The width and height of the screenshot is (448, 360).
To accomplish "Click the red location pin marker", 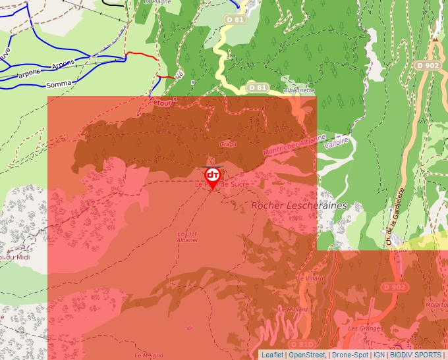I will tap(212, 177).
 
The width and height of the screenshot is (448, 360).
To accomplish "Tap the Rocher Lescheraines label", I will tap(299, 205).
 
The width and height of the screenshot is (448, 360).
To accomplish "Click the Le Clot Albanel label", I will tap(187, 237).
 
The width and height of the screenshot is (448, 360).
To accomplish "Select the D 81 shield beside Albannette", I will tap(257, 87).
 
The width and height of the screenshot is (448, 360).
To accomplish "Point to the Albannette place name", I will tap(298, 90).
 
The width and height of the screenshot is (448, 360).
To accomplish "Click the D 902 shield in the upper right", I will tap(428, 65).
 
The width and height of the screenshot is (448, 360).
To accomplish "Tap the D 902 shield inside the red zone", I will tap(395, 287).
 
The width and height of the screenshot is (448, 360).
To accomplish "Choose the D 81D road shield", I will tap(302, 344).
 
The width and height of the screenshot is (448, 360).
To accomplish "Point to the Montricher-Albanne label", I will tap(294, 145).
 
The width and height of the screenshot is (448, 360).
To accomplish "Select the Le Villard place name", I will tap(311, 278).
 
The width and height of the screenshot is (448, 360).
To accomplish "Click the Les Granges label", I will tap(361, 328).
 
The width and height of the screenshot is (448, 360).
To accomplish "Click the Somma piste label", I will tap(58, 85).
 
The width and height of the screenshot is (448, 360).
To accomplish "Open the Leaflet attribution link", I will tap(272, 355).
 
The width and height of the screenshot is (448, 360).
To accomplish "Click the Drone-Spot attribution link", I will tap(349, 355).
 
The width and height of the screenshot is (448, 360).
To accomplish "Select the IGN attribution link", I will tap(379, 355).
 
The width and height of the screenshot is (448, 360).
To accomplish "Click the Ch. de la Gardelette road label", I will tap(395, 217).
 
